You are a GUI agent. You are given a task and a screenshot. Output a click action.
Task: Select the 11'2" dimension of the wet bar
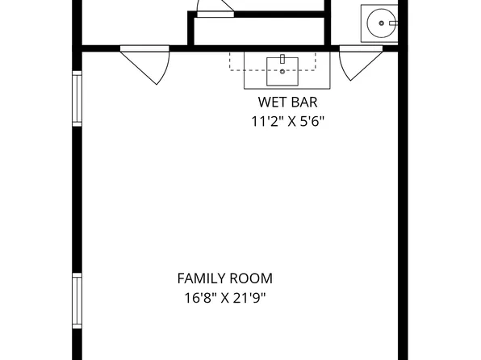(266, 121)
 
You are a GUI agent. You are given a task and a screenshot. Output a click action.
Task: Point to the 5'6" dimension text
(312, 121)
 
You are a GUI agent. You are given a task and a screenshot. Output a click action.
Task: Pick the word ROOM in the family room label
(251, 278)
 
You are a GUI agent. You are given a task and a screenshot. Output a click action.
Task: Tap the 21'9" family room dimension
(249, 298)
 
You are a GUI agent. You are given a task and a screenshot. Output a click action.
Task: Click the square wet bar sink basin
(282, 71)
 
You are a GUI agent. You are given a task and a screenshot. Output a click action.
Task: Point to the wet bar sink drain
(282, 72)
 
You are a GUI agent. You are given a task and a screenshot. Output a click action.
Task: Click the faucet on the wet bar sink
(282, 59)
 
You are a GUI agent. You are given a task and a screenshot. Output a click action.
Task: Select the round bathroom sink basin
(381, 23)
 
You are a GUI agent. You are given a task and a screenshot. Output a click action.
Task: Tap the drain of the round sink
(381, 23)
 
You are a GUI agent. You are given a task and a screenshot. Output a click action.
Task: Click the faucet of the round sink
(394, 23)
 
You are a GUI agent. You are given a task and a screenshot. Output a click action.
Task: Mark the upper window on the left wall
(77, 98)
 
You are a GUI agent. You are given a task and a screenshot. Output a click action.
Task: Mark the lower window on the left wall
(77, 301)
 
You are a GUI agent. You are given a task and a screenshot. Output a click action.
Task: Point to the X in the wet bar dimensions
(291, 122)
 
